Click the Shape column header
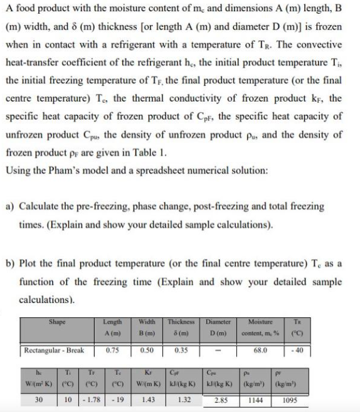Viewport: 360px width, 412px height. (57, 322)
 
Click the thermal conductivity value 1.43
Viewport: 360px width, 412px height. (149, 399)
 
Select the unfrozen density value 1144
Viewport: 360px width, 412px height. (255, 399)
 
